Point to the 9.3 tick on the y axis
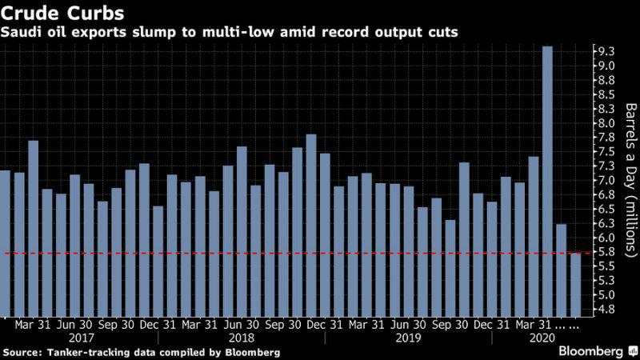[x=606, y=50]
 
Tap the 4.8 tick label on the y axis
[x=606, y=310]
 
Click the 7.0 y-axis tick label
[x=606, y=180]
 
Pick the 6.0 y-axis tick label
[x=606, y=238]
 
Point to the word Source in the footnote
[x=22, y=352]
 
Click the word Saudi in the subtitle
[x=22, y=32]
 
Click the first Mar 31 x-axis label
[x=33, y=325]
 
